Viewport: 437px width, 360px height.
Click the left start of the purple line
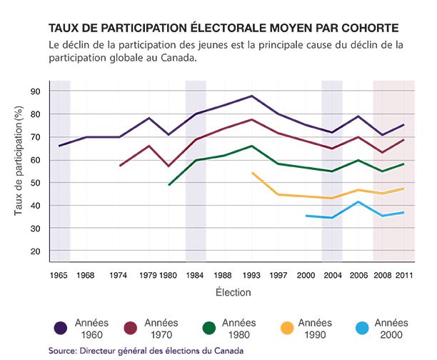click(x=59, y=146)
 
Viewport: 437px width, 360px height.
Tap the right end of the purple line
click(x=404, y=124)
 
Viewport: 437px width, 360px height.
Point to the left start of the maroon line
click(x=116, y=166)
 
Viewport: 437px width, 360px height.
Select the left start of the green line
click(x=169, y=185)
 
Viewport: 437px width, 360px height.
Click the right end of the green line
click(x=404, y=164)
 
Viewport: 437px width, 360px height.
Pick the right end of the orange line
click(x=404, y=189)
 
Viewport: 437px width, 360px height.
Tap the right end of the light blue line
click(x=404, y=212)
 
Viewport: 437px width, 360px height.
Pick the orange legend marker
click(x=283, y=319)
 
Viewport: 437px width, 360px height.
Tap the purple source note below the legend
click(x=143, y=351)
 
